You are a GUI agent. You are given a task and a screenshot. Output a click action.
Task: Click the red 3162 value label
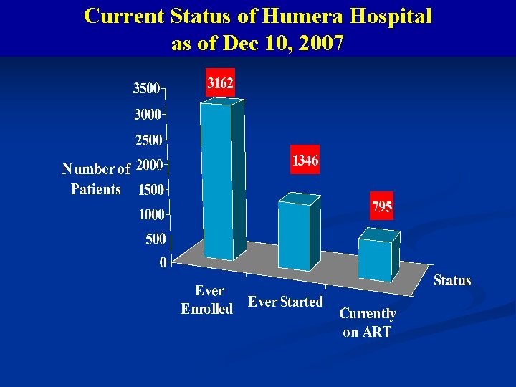[x=220, y=84]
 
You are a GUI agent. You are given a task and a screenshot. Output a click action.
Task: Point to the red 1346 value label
[x=305, y=161]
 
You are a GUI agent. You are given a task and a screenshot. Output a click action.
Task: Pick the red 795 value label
[x=381, y=207]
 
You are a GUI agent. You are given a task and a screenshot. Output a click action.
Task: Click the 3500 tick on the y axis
[x=146, y=89]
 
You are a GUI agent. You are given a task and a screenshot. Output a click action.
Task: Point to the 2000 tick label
[x=149, y=165]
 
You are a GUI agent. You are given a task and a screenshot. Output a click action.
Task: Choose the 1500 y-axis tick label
[x=150, y=190]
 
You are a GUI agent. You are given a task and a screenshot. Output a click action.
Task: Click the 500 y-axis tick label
[x=156, y=239]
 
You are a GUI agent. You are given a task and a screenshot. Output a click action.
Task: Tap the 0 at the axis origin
[x=163, y=263]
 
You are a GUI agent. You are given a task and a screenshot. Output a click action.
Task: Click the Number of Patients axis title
[x=96, y=179]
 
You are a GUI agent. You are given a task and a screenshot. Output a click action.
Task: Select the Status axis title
[x=452, y=280]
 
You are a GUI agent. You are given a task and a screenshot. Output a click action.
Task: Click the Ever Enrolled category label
[x=207, y=300]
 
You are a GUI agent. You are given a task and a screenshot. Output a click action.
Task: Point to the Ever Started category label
[x=285, y=302]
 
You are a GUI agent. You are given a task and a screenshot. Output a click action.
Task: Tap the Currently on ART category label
[x=367, y=322]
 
